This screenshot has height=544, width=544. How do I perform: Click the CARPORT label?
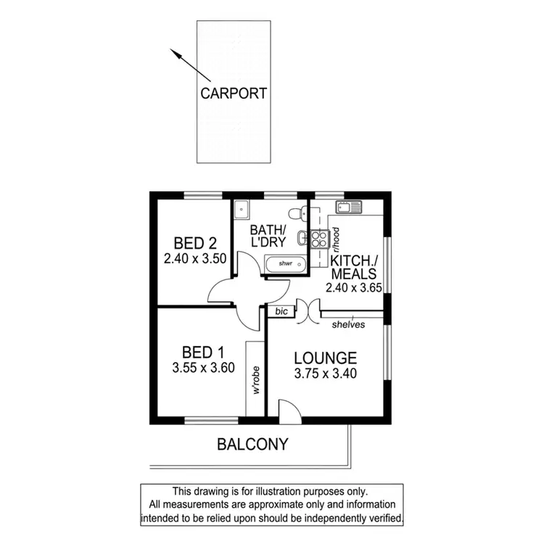click(x=234, y=93)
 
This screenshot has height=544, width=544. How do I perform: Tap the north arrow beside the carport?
click(x=190, y=65)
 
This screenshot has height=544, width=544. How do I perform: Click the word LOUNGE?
click(x=325, y=358)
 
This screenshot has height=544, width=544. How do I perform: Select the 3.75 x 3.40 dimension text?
click(x=325, y=374)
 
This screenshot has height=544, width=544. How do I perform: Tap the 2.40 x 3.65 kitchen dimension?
click(x=353, y=288)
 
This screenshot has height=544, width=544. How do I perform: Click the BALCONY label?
click(x=252, y=444)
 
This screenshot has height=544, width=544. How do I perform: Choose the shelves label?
click(x=348, y=325)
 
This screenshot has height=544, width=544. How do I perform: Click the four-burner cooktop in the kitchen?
click(x=319, y=239)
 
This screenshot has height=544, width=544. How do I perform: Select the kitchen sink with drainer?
click(x=349, y=207)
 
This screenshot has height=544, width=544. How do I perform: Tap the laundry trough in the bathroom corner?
click(x=242, y=209)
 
